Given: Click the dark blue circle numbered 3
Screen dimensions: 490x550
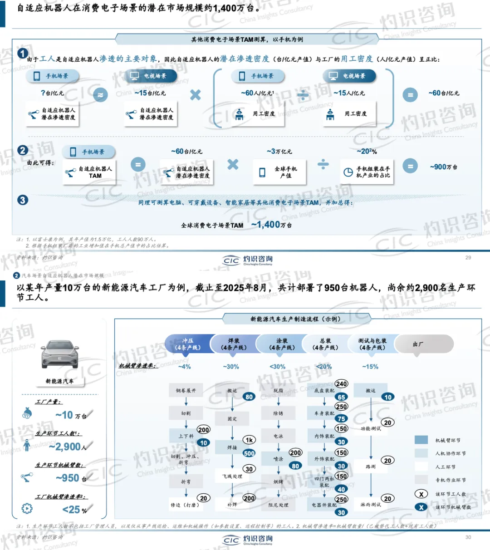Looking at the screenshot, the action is point(22,200).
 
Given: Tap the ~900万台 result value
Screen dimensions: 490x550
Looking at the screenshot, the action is point(443,167).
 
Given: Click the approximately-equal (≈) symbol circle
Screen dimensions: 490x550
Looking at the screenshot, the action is point(100,95).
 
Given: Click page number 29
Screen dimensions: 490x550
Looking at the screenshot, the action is point(468,257).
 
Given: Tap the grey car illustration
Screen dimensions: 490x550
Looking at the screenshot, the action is point(59,355).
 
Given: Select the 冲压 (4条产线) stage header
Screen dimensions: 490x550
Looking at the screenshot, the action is point(188,344).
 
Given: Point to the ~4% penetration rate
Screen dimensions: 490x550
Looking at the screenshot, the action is point(184,367).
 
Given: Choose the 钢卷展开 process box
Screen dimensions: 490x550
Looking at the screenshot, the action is point(186,390).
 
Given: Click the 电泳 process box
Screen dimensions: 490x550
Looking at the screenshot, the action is point(278,436).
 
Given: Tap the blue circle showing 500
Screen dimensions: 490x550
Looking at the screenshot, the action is point(249,453).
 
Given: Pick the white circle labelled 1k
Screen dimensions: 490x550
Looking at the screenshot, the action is point(249,440).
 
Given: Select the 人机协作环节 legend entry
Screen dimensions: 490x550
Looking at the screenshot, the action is point(450,453).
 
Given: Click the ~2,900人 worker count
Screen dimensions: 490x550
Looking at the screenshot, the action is point(68,447).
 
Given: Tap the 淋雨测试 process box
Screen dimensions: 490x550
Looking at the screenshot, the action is point(371,505).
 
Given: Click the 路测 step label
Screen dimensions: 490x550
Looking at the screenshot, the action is point(371,467).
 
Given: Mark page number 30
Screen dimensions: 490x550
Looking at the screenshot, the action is point(468,537).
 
